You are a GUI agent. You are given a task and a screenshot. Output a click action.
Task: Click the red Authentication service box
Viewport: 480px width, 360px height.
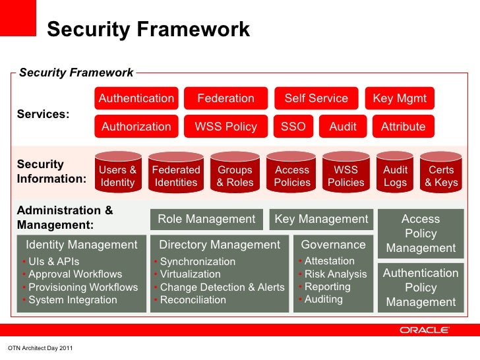coord(136,98)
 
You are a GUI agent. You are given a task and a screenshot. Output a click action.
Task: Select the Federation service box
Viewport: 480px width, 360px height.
coord(225,98)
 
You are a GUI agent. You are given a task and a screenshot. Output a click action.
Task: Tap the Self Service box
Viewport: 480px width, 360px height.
coord(316,98)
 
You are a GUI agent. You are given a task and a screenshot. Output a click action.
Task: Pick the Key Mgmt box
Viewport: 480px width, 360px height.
coord(400,98)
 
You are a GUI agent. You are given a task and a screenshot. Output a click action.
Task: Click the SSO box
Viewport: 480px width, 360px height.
coord(293,127)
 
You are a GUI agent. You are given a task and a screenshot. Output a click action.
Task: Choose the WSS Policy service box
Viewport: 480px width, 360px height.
coord(225,127)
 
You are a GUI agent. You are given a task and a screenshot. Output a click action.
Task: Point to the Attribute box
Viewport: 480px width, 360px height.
coord(403,127)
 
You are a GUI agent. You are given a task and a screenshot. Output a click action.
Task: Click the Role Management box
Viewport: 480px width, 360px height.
coord(206,219)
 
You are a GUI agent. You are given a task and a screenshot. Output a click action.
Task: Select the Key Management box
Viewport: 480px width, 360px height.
coord(321,219)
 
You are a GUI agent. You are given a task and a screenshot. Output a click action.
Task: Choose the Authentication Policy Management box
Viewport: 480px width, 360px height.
coord(421,287)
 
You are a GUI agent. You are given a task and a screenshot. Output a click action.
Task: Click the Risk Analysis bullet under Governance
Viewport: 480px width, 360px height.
coord(335,274)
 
